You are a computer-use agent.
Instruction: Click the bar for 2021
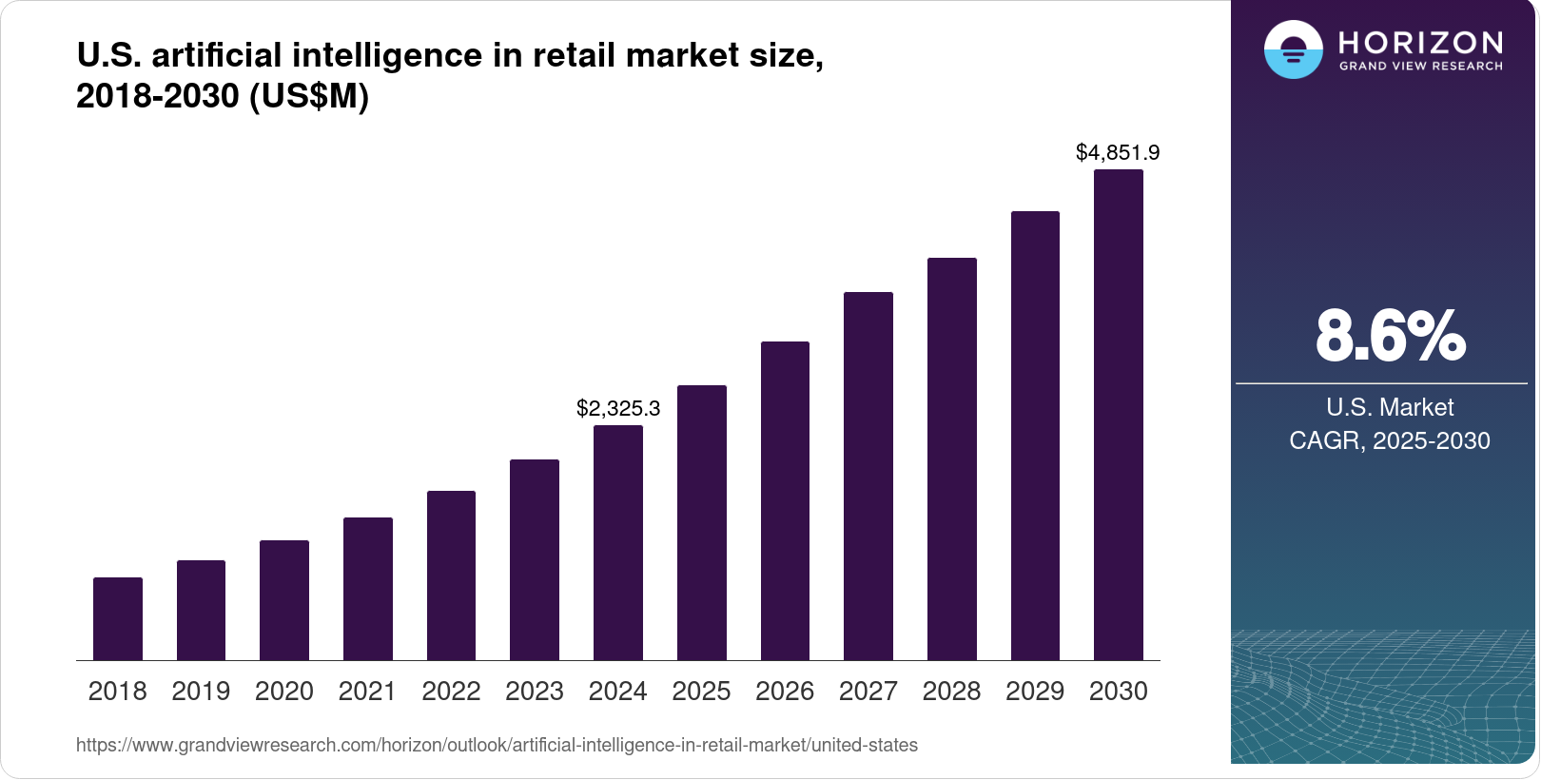(x=368, y=589)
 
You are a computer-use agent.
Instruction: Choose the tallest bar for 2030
(x=1119, y=415)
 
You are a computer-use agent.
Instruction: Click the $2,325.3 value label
(x=618, y=408)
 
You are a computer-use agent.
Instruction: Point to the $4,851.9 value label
(x=1118, y=152)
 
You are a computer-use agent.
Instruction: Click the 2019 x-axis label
(x=201, y=691)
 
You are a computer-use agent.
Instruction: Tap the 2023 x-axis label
(x=535, y=691)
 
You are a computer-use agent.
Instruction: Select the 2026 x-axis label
(x=785, y=691)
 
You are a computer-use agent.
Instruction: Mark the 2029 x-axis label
(x=1035, y=691)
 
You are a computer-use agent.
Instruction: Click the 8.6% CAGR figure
(x=1390, y=336)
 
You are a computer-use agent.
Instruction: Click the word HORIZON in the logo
(x=1420, y=43)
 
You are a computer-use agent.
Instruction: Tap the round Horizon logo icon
(x=1293, y=49)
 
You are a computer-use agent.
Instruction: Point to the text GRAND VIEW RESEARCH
(x=1420, y=67)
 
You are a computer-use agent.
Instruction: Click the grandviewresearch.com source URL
(x=497, y=745)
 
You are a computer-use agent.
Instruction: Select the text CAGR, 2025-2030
(x=1390, y=440)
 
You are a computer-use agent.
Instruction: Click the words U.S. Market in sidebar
(x=1390, y=407)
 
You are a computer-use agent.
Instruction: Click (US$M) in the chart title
(x=309, y=96)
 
